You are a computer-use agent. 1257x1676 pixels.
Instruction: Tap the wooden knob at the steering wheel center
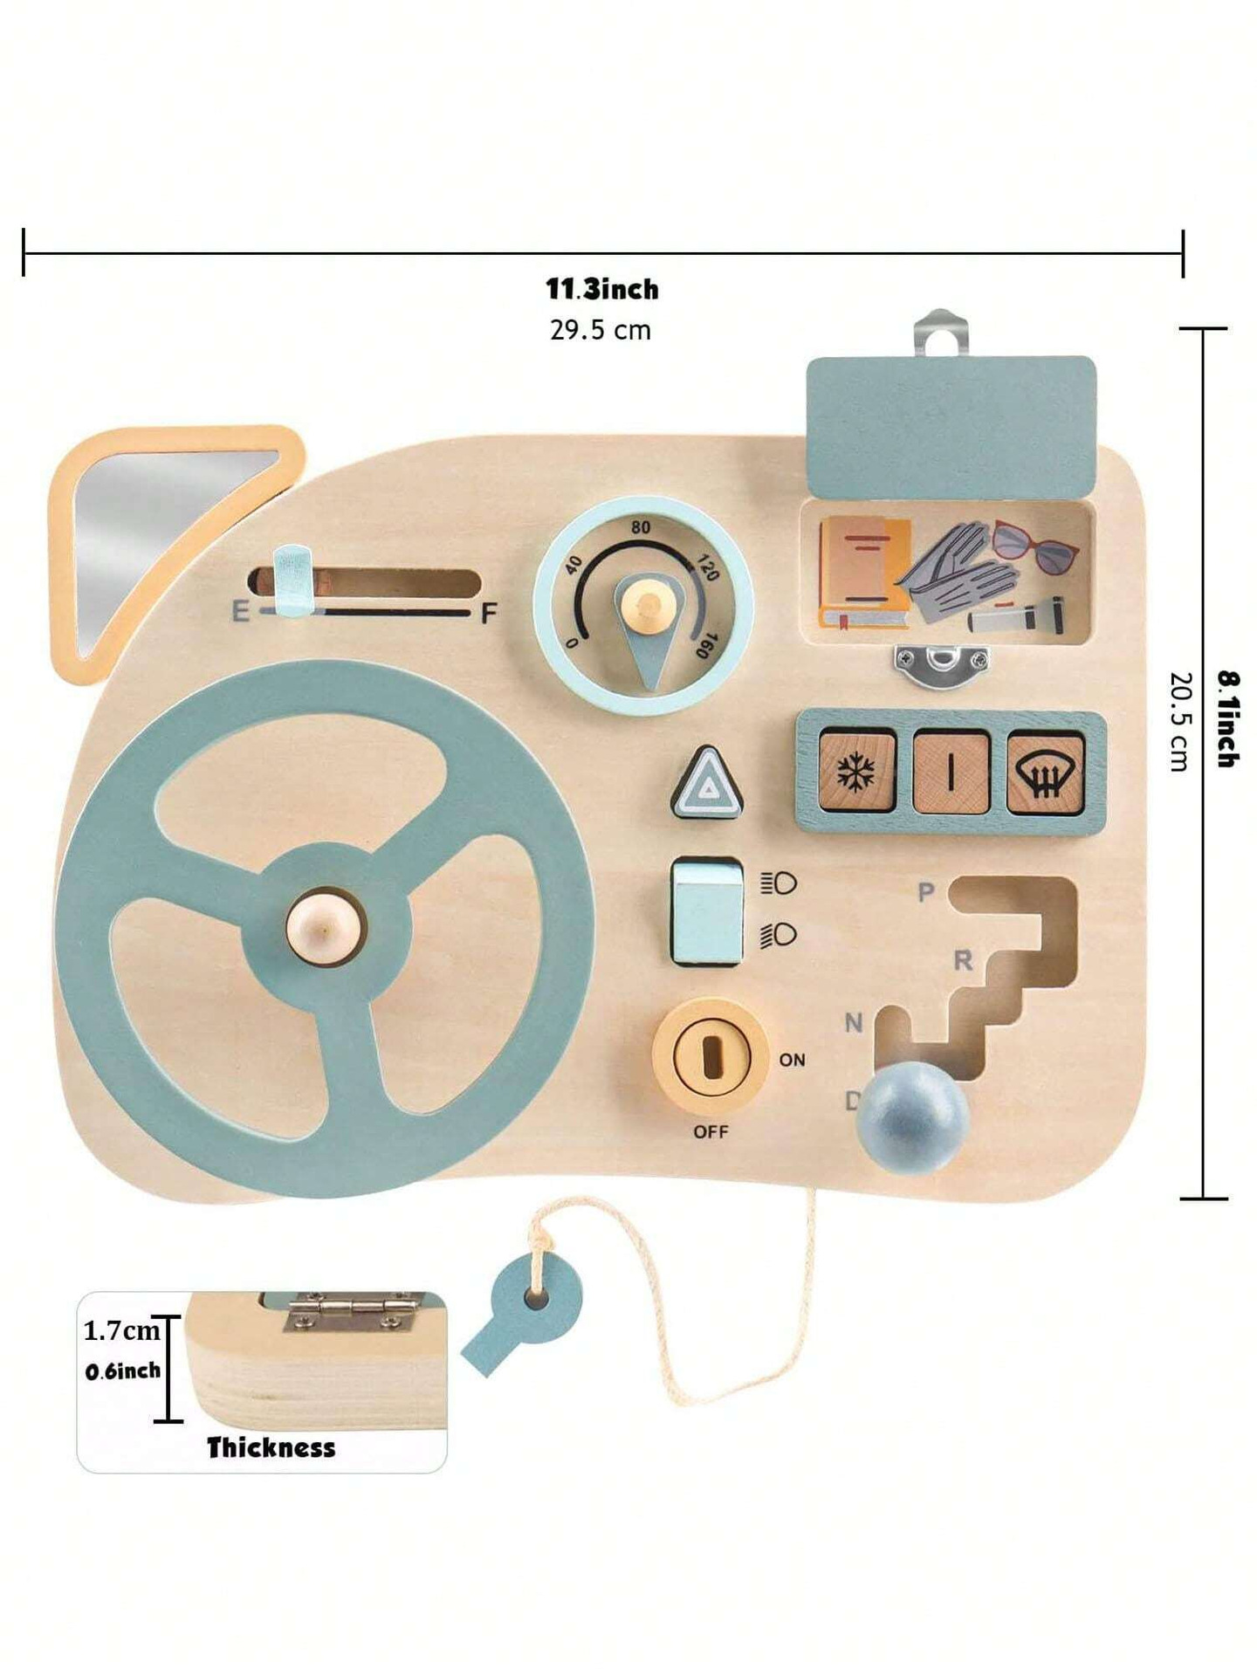pyautogui.click(x=326, y=928)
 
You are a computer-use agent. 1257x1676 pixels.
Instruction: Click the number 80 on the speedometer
pyautogui.click(x=641, y=527)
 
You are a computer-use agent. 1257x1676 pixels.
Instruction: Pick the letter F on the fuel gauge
pyautogui.click(x=489, y=613)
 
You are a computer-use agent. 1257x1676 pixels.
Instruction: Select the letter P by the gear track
pyautogui.click(x=926, y=892)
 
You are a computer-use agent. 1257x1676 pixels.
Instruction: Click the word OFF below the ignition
pyautogui.click(x=711, y=1131)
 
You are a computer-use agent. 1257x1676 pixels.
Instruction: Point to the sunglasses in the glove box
pyautogui.click(x=1034, y=546)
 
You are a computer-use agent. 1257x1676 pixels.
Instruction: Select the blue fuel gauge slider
pyautogui.click(x=293, y=580)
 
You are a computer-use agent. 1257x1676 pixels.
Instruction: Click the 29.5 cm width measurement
pyautogui.click(x=601, y=330)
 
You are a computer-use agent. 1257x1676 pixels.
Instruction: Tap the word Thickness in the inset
pyautogui.click(x=271, y=1447)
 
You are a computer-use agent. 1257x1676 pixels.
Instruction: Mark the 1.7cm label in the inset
pyautogui.click(x=122, y=1330)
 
